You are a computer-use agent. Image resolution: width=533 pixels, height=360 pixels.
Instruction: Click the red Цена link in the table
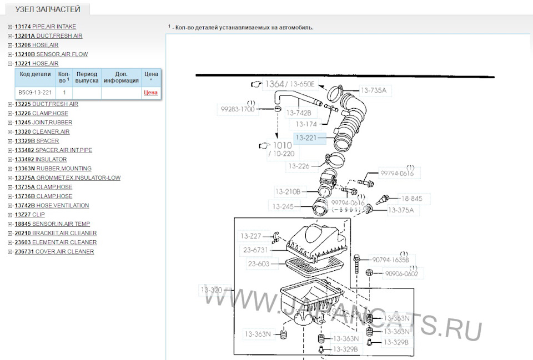tap(150, 93)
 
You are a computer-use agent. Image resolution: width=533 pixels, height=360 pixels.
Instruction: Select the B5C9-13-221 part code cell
tap(35, 93)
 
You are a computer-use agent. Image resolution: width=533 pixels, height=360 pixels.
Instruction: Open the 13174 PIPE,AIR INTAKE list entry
tap(45, 27)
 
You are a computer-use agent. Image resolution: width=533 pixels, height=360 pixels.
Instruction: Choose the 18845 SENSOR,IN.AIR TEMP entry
tap(52, 224)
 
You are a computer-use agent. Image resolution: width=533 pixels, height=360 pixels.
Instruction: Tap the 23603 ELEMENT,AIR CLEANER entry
tap(56, 242)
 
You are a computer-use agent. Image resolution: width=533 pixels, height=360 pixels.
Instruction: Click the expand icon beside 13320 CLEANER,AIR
tap(10, 132)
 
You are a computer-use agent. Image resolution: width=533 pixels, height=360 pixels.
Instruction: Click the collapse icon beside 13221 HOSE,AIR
tap(10, 63)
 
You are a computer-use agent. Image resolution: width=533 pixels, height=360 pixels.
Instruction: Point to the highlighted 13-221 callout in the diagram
tap(306, 138)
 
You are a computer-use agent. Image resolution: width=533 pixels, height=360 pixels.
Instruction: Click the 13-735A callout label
tap(374, 90)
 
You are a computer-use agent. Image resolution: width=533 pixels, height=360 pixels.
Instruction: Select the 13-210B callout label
tap(288, 191)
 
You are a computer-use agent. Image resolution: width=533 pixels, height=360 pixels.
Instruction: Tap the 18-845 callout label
tap(411, 199)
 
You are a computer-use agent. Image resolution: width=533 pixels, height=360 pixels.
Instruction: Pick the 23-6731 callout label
tap(255, 250)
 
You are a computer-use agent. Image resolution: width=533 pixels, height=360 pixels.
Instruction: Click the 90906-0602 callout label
tap(401, 273)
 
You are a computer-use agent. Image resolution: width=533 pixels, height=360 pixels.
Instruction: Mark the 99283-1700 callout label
tap(238, 109)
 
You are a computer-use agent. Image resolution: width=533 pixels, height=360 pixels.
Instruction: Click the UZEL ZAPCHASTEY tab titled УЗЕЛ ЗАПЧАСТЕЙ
tap(48, 9)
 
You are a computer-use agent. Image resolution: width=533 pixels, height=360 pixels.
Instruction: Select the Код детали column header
tap(35, 74)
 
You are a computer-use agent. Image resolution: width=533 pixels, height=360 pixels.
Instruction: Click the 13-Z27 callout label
tap(251, 236)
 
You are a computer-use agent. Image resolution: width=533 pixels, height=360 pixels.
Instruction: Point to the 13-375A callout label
tap(401, 210)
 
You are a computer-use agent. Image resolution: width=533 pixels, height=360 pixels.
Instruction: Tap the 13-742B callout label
tap(299, 113)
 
